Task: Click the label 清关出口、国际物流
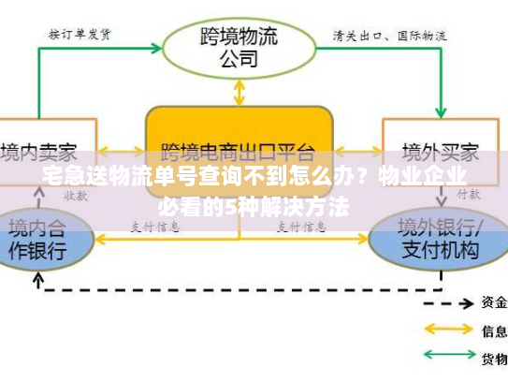[x=389, y=36]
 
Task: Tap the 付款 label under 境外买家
[x=468, y=193]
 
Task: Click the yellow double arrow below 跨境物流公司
[x=239, y=91]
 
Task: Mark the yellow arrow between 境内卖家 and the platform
[x=122, y=150]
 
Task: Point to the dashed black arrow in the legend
[x=449, y=302]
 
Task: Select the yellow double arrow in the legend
[x=449, y=330]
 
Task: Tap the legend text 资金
[x=494, y=302]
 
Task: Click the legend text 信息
[x=494, y=330]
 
